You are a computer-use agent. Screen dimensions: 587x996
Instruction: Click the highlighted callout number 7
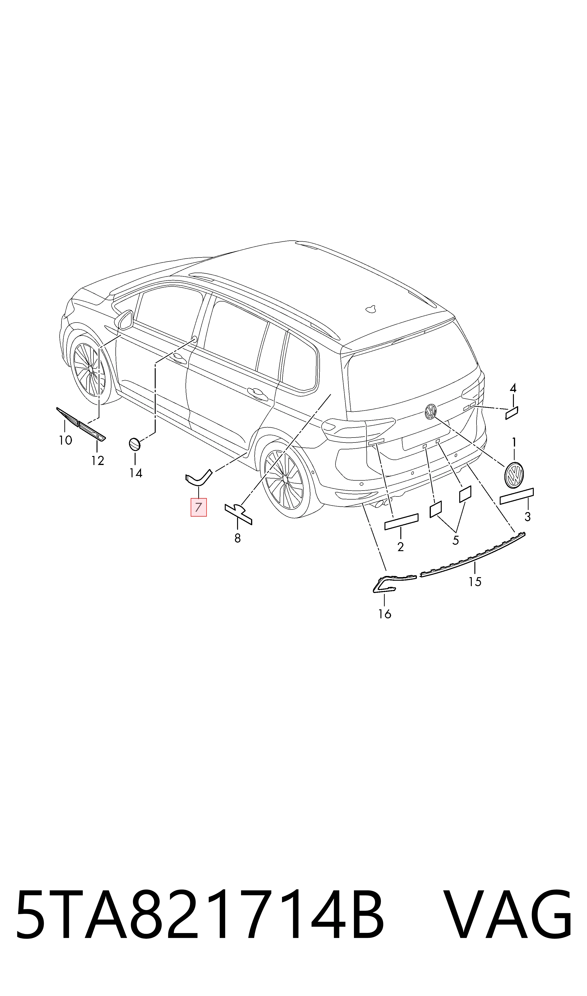(199, 508)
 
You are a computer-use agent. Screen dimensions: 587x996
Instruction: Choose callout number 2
(400, 547)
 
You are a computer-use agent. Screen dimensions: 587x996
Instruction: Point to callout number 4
(513, 388)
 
